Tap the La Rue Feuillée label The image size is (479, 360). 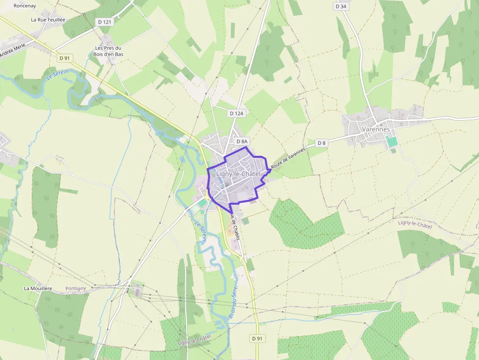(48, 20)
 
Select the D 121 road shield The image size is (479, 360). (105, 22)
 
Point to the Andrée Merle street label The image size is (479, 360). (12, 50)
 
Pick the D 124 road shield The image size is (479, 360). (236, 113)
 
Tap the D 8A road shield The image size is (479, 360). (242, 141)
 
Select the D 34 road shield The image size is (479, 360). (341, 6)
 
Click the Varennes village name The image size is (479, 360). (376, 129)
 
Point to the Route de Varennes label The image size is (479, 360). (288, 158)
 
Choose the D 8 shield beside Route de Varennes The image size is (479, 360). (321, 143)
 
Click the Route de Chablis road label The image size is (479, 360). (234, 224)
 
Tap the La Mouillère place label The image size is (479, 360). (38, 288)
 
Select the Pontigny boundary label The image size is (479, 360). (75, 289)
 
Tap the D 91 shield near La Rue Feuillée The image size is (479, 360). (65, 58)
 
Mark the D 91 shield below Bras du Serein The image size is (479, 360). (257, 338)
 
